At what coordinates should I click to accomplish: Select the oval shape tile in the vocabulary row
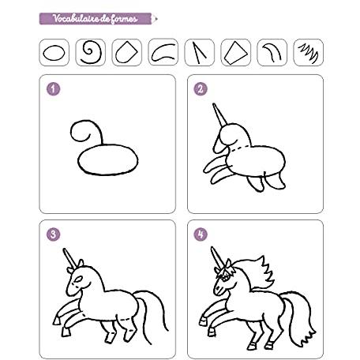click(54, 52)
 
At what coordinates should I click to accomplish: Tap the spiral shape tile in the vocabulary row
click(91, 52)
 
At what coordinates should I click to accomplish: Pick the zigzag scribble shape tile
click(308, 52)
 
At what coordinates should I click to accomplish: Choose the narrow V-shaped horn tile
click(200, 52)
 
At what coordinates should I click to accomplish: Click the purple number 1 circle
click(54, 89)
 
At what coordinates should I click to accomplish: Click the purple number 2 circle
click(201, 89)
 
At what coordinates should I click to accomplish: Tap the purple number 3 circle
click(54, 234)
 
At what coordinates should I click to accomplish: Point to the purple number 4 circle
click(201, 234)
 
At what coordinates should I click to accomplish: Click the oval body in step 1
click(108, 159)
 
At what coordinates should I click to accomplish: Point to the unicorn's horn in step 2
click(219, 114)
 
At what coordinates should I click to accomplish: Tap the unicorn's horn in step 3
click(69, 258)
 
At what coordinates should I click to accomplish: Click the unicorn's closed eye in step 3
click(78, 279)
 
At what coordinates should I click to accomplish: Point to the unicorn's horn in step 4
click(217, 257)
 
